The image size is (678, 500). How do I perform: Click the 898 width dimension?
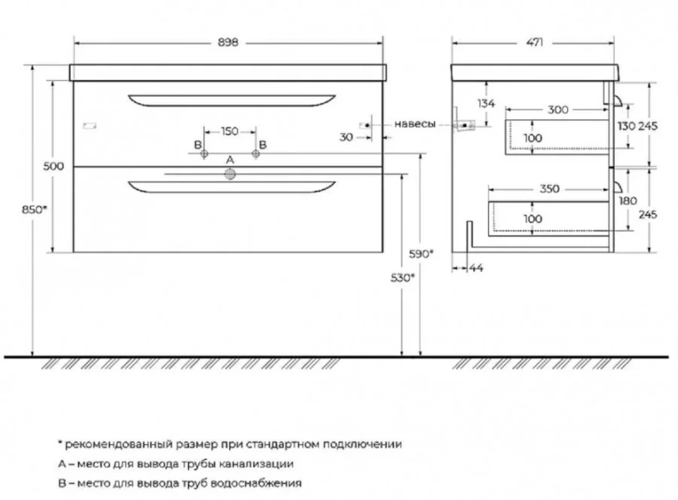click(228, 42)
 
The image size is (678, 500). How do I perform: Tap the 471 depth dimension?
click(535, 42)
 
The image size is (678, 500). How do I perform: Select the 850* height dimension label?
click(34, 209)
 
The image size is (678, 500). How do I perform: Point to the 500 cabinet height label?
click(53, 166)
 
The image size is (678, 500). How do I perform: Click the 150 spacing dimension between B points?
click(230, 131)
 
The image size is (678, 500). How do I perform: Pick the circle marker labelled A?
click(230, 174)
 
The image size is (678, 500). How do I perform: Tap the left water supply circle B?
click(205, 153)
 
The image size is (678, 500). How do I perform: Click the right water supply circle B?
click(256, 153)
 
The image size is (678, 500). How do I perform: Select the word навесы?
click(415, 124)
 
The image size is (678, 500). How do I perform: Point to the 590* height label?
click(421, 254)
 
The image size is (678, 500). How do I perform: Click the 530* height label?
click(402, 277)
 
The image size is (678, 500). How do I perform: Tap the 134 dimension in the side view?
click(486, 103)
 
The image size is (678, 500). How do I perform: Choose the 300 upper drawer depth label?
click(558, 110)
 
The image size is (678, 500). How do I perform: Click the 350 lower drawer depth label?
click(549, 189)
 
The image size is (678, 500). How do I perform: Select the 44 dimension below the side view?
click(476, 268)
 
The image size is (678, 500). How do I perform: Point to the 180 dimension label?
click(628, 201)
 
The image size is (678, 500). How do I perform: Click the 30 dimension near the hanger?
click(346, 137)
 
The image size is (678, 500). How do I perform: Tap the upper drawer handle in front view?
click(232, 100)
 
